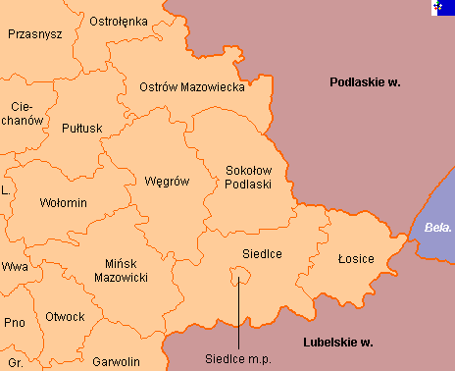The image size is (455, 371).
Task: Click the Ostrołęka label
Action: [118, 21]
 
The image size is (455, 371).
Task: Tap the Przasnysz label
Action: [34, 34]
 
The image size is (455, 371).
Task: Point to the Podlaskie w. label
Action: [365, 82]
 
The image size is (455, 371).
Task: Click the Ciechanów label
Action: [27, 113]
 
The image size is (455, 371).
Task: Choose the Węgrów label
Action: [166, 182]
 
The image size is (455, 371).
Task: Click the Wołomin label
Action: [64, 203]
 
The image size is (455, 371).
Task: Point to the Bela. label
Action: [438, 228]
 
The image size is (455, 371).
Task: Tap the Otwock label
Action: [65, 317]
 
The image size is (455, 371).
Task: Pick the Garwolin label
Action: [115, 362]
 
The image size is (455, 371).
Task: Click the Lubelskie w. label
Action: [340, 343]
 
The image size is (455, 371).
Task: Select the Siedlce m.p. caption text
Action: [237, 358]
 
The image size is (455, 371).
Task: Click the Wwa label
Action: [14, 267]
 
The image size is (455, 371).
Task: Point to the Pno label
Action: [14, 323]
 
